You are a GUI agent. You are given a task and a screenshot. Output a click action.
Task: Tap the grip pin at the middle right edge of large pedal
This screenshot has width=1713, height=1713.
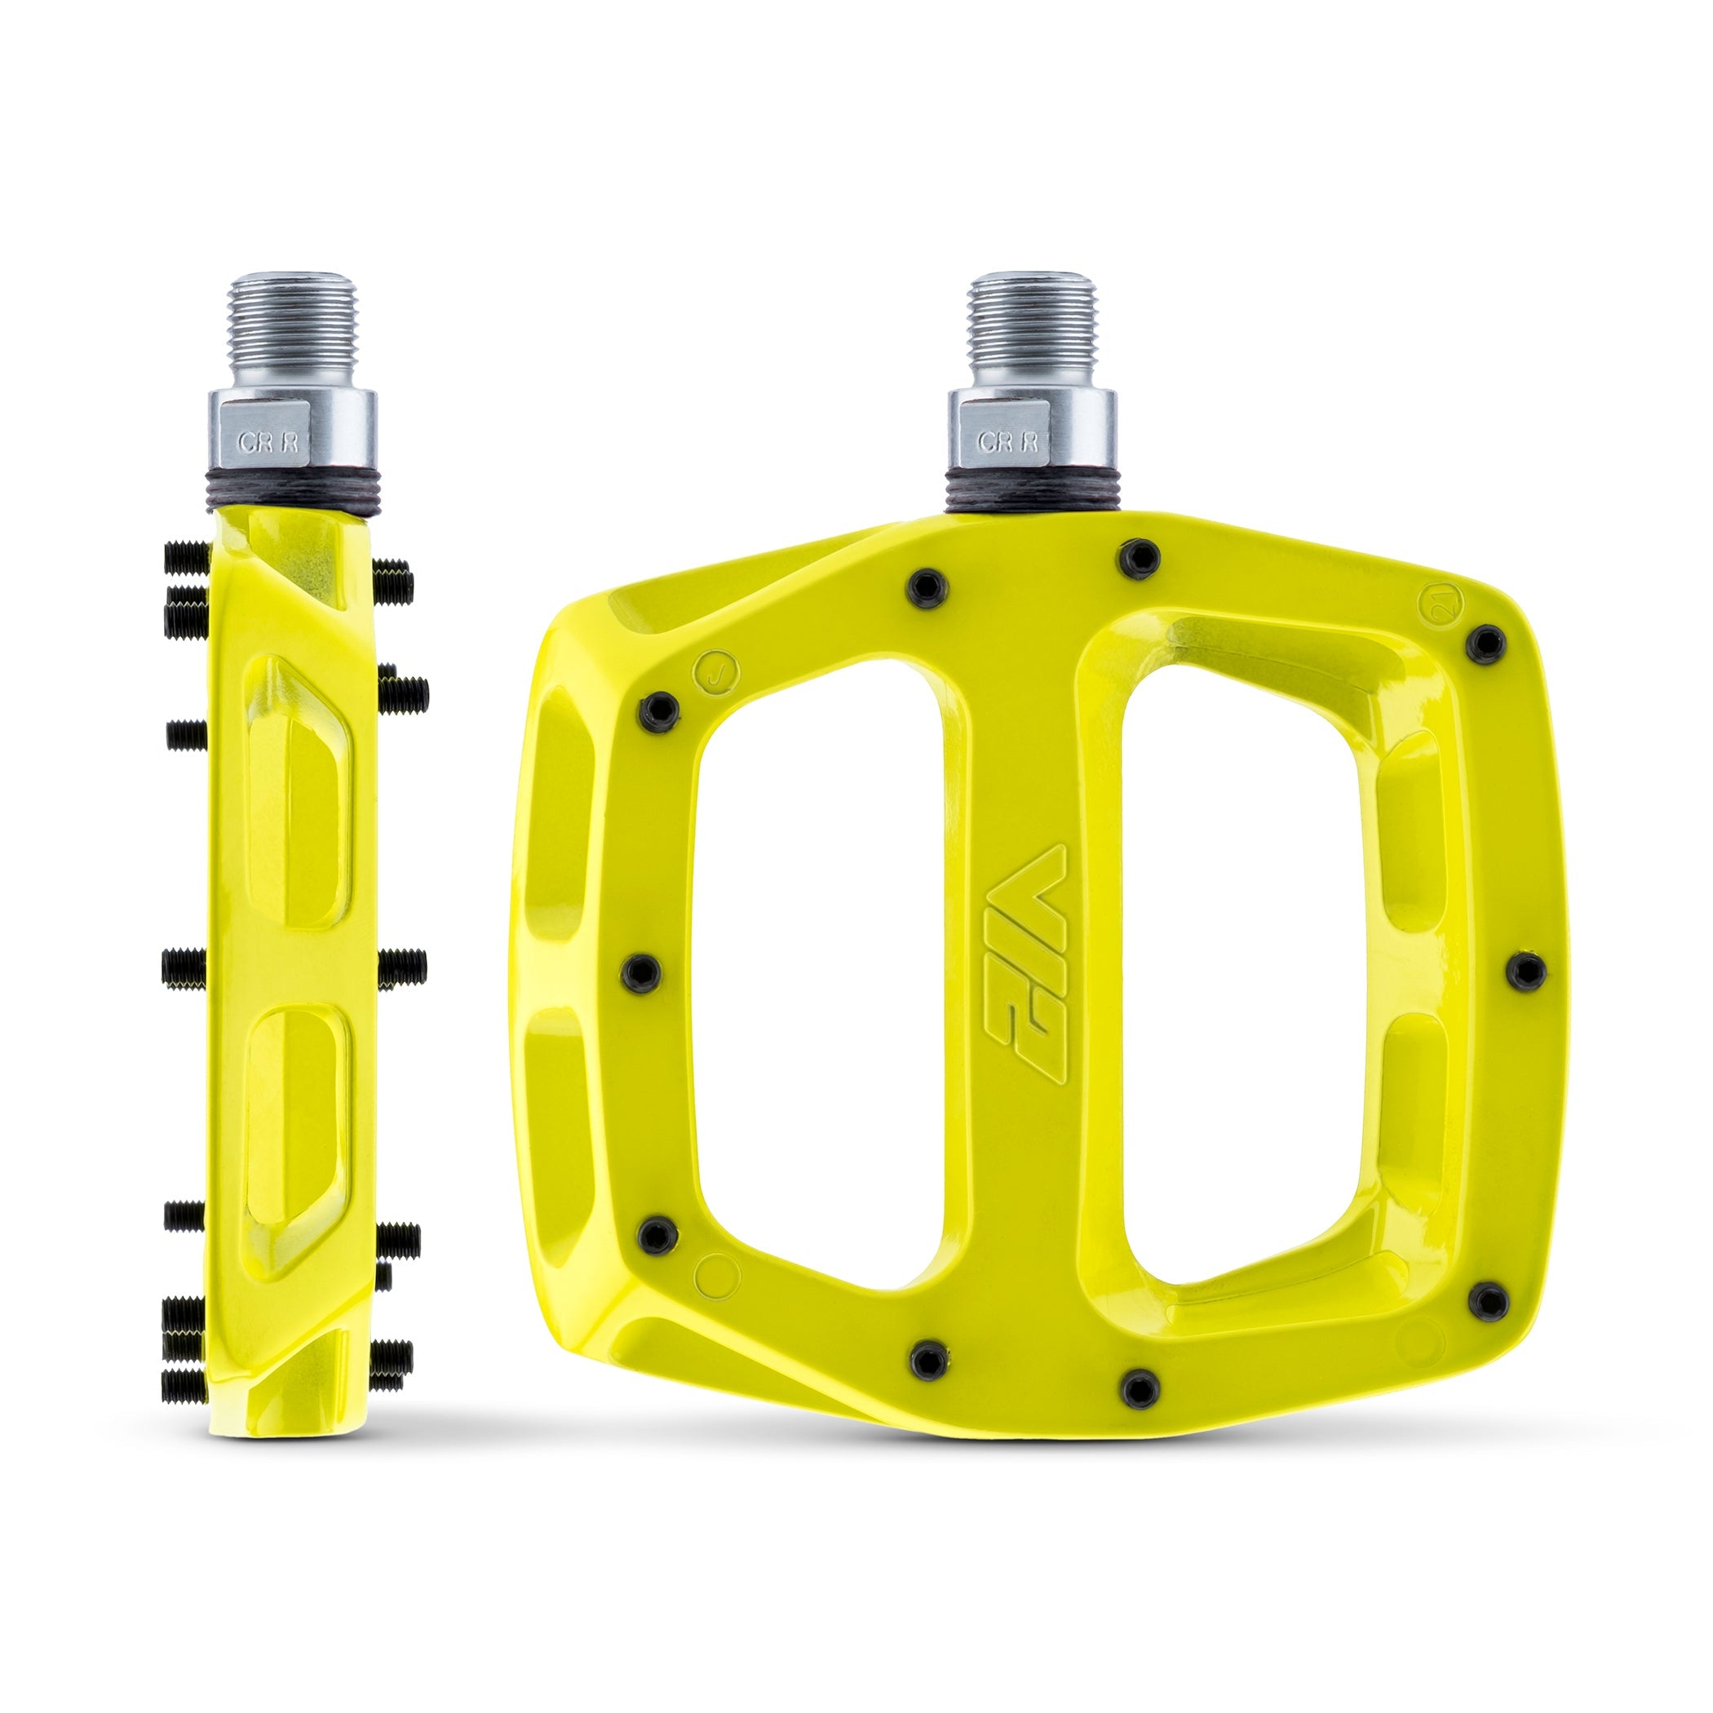1527,972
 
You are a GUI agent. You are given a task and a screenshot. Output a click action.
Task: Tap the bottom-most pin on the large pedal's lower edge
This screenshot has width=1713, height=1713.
1140,1388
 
